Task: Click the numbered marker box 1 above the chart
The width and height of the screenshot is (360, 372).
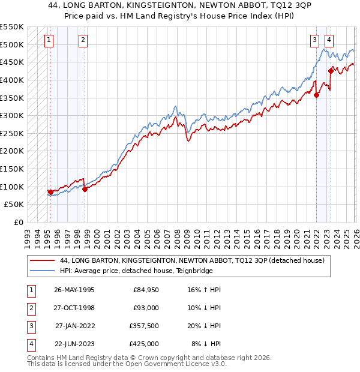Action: pyautogui.click(x=49, y=40)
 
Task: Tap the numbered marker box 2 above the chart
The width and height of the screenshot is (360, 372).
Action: pyautogui.click(x=83, y=40)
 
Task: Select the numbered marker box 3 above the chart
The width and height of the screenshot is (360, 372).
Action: pyautogui.click(x=314, y=40)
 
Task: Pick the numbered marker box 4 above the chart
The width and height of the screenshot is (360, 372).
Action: pyautogui.click(x=329, y=40)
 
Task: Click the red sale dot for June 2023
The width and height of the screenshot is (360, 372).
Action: pyautogui.click(x=331, y=70)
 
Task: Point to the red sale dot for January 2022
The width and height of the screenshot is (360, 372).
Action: pyautogui.click(x=316, y=94)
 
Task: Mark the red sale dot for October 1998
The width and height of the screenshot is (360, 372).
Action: pyautogui.click(x=85, y=189)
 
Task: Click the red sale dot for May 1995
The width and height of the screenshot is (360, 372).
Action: pyautogui.click(x=50, y=192)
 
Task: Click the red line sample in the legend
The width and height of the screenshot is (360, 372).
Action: pyautogui.click(x=42, y=260)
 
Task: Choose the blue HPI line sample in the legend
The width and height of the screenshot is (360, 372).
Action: pyautogui.click(x=42, y=271)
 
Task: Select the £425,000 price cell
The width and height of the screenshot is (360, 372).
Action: pyautogui.click(x=143, y=344)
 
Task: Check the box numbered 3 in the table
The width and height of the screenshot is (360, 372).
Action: pyautogui.click(x=31, y=327)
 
